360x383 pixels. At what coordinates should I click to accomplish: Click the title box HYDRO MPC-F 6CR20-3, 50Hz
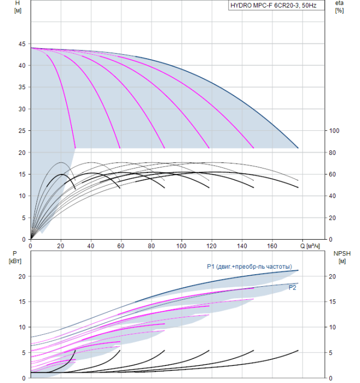[276, 5]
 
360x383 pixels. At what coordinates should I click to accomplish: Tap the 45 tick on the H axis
[22, 44]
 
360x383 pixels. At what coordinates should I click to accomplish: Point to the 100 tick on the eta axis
[334, 131]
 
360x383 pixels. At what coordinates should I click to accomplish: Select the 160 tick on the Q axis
[272, 246]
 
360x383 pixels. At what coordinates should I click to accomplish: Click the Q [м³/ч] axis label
[310, 246]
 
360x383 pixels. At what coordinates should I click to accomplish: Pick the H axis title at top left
[18, 7]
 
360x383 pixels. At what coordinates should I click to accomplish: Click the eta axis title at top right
[340, 7]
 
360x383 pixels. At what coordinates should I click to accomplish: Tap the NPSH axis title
[342, 257]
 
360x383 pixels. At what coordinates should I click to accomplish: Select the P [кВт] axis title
[15, 257]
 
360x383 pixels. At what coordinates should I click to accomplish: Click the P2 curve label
[292, 287]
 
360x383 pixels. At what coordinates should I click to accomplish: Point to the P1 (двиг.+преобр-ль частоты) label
[249, 266]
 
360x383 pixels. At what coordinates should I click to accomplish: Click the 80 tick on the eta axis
[332, 153]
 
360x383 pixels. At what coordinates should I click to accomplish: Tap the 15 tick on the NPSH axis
[332, 301]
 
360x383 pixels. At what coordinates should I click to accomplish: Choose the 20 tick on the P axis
[22, 276]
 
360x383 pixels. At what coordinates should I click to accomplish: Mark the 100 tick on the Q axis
[181, 246]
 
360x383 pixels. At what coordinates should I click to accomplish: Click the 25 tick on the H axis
[22, 131]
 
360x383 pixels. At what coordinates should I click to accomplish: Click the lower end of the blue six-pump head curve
[298, 148]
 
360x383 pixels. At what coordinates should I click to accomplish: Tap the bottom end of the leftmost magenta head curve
[75, 148]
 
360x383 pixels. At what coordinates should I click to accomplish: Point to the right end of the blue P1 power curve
[298, 270]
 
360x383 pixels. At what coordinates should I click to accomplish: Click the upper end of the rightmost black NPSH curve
[298, 351]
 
